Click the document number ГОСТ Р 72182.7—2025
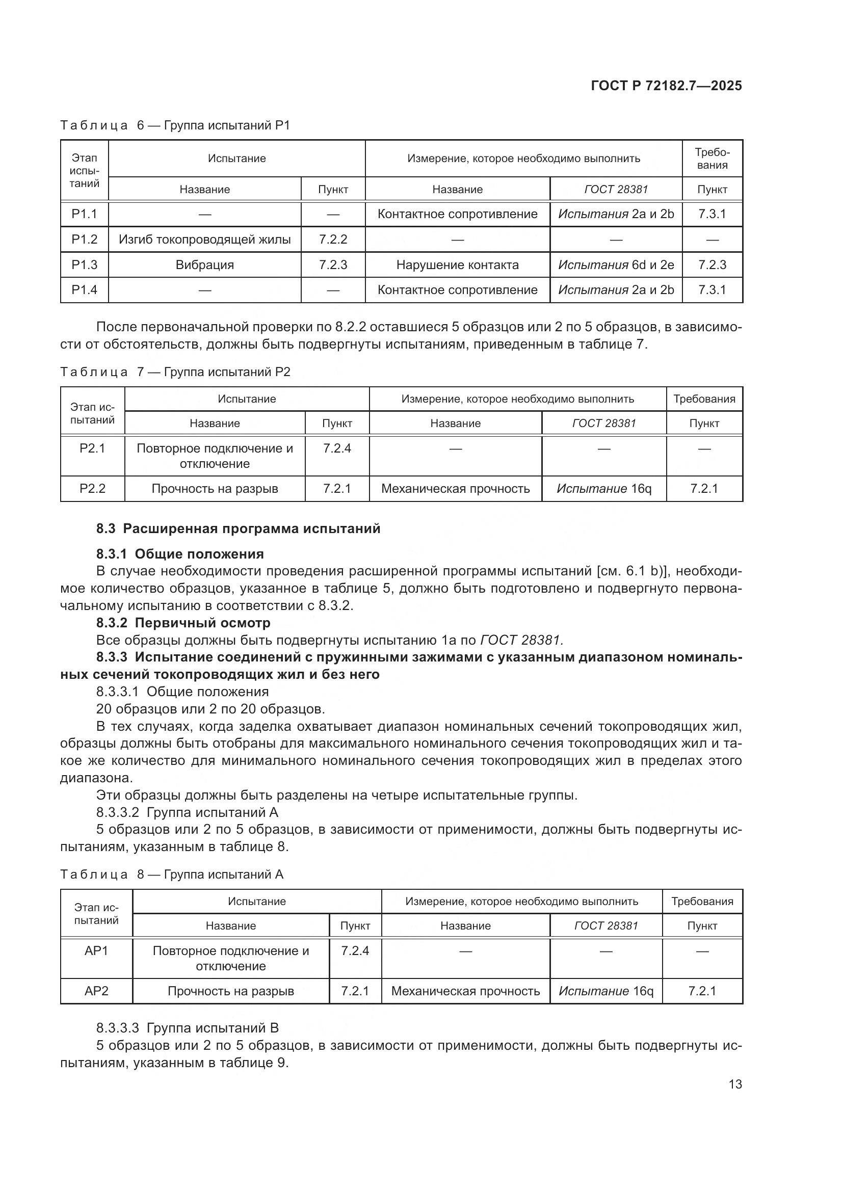[666, 86]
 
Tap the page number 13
[735, 1084]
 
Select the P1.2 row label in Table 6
[84, 240]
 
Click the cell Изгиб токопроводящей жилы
[204, 240]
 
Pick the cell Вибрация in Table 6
[204, 265]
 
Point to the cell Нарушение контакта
[457, 265]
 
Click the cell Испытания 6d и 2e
[616, 265]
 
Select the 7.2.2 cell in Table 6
[333, 240]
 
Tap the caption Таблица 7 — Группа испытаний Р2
[175, 372]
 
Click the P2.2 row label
[92, 489]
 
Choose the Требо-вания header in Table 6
[712, 158]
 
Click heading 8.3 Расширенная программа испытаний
[238, 528]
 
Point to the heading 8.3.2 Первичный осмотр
[183, 622]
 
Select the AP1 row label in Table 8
[96, 950]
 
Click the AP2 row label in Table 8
[96, 991]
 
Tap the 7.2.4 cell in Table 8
[355, 950]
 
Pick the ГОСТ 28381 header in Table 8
[606, 925]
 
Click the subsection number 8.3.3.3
[117, 1028]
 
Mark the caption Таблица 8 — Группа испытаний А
[171, 875]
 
